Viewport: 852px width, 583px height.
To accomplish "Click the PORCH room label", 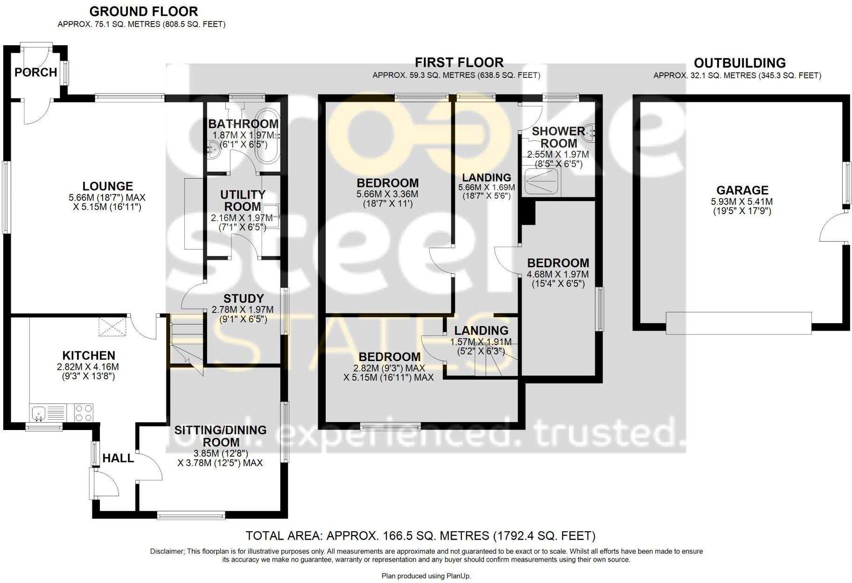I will pos(35,72).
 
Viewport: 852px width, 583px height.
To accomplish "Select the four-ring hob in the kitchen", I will pos(84,413).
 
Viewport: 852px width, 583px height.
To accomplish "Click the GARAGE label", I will pos(742,190).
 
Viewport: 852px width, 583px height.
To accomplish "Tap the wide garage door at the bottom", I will pos(738,323).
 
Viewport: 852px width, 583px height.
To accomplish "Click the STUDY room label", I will pos(244,298).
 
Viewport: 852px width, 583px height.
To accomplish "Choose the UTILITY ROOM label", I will pos(243,201).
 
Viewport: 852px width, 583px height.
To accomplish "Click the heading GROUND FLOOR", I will pos(144,11).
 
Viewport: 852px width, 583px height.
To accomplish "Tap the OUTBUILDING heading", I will pos(740,63).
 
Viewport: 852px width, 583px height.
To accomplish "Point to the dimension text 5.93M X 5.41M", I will pos(742,202).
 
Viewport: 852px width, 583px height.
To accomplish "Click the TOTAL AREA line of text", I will pos(420,535).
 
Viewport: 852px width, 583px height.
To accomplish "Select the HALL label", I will pos(118,458).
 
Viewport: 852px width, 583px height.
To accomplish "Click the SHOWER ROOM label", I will pos(558,137).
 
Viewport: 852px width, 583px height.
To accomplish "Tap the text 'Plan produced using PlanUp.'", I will pos(426,576).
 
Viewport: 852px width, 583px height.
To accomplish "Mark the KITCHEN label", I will pos(89,355).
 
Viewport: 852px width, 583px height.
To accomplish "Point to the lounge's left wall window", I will pos(6,197).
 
